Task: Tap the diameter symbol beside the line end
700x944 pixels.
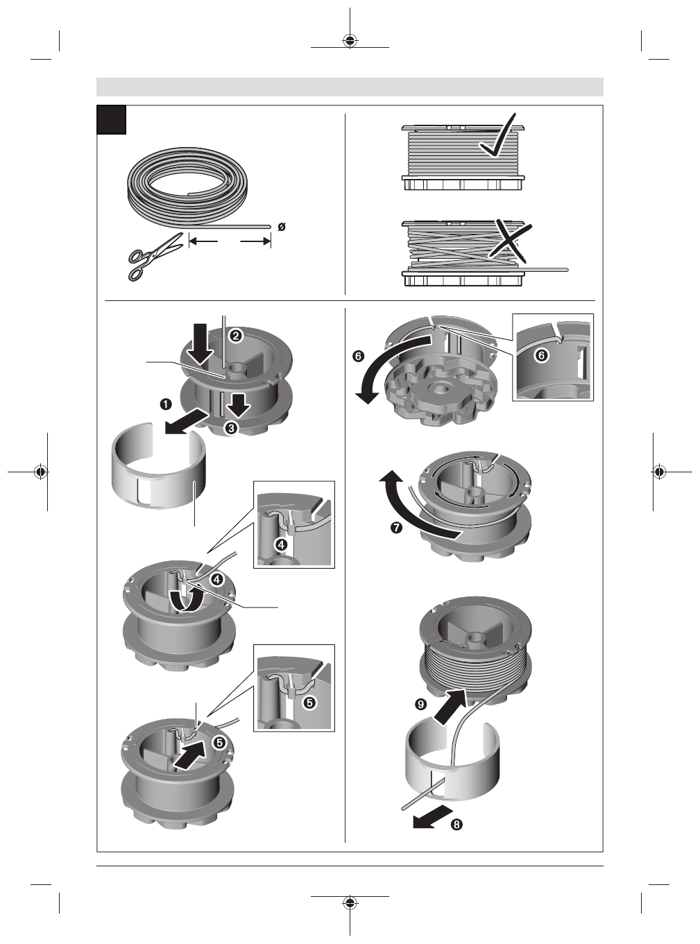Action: click(282, 227)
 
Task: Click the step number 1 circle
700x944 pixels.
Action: click(166, 404)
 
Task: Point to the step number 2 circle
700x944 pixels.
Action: click(235, 336)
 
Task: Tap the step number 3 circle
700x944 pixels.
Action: click(231, 428)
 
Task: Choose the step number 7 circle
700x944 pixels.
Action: click(396, 528)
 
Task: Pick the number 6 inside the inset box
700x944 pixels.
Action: click(542, 354)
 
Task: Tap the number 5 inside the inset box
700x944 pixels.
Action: click(309, 703)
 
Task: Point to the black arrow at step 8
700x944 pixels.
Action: click(432, 816)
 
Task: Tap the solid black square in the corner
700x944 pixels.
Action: click(112, 119)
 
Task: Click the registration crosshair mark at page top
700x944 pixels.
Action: click(350, 41)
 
